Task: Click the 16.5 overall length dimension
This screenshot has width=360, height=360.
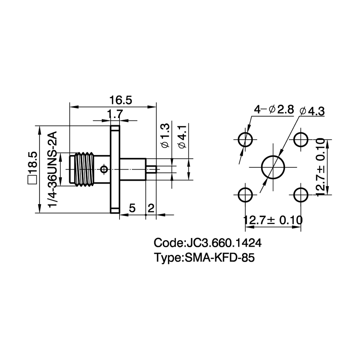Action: pos(121,100)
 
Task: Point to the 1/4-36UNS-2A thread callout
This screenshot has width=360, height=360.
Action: pos(52,170)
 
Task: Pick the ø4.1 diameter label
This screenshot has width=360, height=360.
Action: pos(182,136)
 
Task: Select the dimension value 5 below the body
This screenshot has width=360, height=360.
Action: pos(132,208)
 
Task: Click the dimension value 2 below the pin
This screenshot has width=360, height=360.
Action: pos(151,208)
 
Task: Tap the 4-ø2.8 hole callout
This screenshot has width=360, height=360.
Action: pos(274,110)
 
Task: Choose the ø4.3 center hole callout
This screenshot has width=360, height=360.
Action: pos(312,111)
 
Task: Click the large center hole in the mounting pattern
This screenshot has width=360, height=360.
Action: pos(273,167)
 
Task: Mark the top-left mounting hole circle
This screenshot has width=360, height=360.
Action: pos(246,140)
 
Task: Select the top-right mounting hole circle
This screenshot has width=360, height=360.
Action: pos(301,140)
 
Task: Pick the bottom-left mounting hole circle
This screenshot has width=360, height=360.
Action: pos(246,195)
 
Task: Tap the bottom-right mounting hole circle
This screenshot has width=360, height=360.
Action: pos(301,195)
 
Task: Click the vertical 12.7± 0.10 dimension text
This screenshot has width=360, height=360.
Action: pos(320,167)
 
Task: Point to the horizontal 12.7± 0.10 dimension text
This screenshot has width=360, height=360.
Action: pos(273,220)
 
